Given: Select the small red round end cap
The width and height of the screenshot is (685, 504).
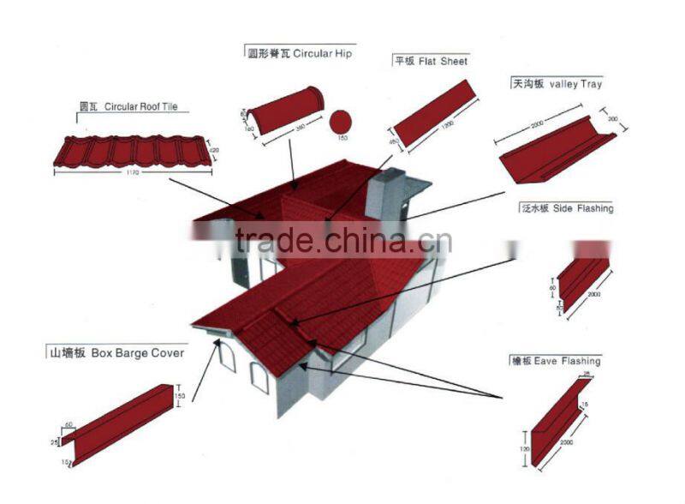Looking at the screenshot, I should tap(342, 121).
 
